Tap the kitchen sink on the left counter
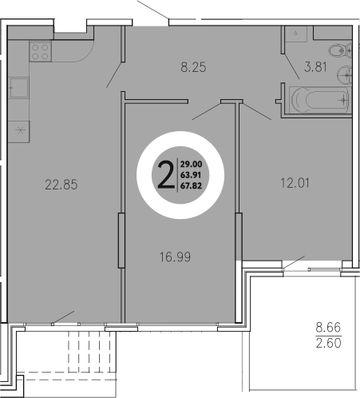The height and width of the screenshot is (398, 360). tap(18, 89)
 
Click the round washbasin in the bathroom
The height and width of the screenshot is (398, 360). tap(346, 77)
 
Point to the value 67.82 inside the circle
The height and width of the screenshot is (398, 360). tap(190, 185)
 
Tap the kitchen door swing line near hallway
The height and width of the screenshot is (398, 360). tap(115, 72)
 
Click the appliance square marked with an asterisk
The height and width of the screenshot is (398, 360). tap(18, 128)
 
